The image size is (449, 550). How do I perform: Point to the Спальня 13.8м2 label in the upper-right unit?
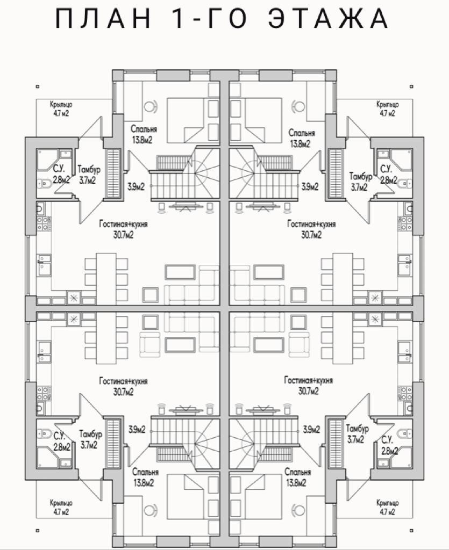pos(301,137)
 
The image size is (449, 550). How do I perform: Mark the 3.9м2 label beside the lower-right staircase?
pos(311,429)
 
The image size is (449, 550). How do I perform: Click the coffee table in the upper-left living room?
pos(179,272)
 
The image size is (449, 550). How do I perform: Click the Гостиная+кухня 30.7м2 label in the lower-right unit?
pos(308,386)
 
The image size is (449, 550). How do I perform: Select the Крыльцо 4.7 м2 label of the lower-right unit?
pos(387,507)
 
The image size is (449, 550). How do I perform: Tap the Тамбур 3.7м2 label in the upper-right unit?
pos(360,182)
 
